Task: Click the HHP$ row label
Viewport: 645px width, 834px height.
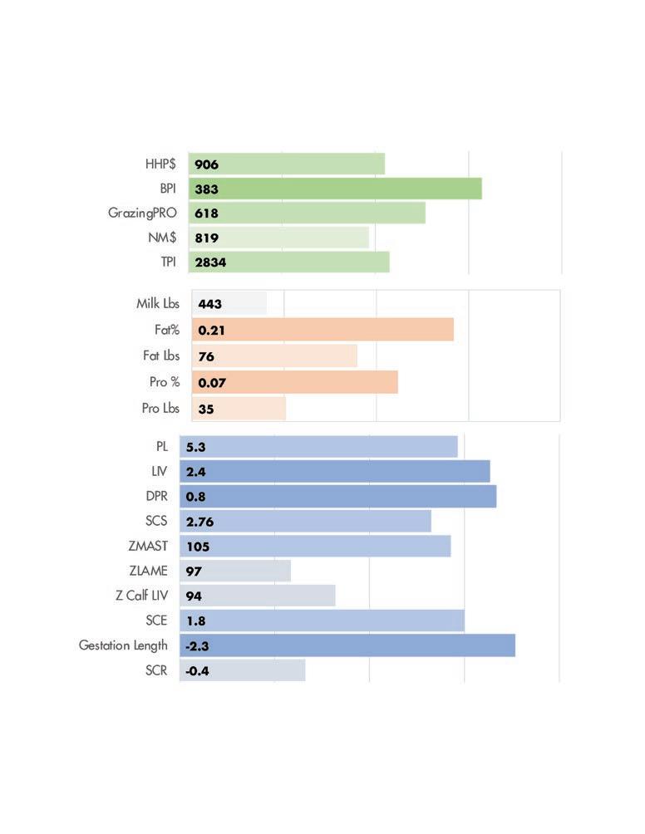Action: click(160, 164)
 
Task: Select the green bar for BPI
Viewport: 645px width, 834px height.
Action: click(335, 189)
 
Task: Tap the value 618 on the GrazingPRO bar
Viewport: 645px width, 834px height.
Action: click(206, 213)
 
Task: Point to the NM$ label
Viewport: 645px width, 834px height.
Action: click(162, 238)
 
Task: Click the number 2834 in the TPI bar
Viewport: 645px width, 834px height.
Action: click(210, 262)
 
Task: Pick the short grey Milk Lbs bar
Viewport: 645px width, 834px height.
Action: click(229, 303)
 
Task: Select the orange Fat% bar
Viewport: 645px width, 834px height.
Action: click(323, 330)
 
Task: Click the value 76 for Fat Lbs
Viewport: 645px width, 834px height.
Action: click(206, 356)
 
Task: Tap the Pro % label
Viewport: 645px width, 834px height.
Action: click(165, 382)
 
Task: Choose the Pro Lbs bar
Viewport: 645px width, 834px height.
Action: click(239, 409)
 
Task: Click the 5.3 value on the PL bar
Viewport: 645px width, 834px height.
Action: click(195, 447)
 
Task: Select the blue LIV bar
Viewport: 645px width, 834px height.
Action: click(335, 471)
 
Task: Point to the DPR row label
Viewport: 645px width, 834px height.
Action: click(156, 496)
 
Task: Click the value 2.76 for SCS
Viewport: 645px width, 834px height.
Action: click(199, 522)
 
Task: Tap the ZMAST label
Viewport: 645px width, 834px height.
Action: click(148, 546)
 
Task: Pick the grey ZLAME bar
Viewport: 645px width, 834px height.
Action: click(235, 571)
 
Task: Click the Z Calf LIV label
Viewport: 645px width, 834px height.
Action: click(141, 596)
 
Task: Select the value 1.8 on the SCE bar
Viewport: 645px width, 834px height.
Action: click(196, 621)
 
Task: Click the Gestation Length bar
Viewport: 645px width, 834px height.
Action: click(347, 645)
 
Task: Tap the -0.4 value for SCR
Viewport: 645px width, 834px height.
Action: click(197, 670)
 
